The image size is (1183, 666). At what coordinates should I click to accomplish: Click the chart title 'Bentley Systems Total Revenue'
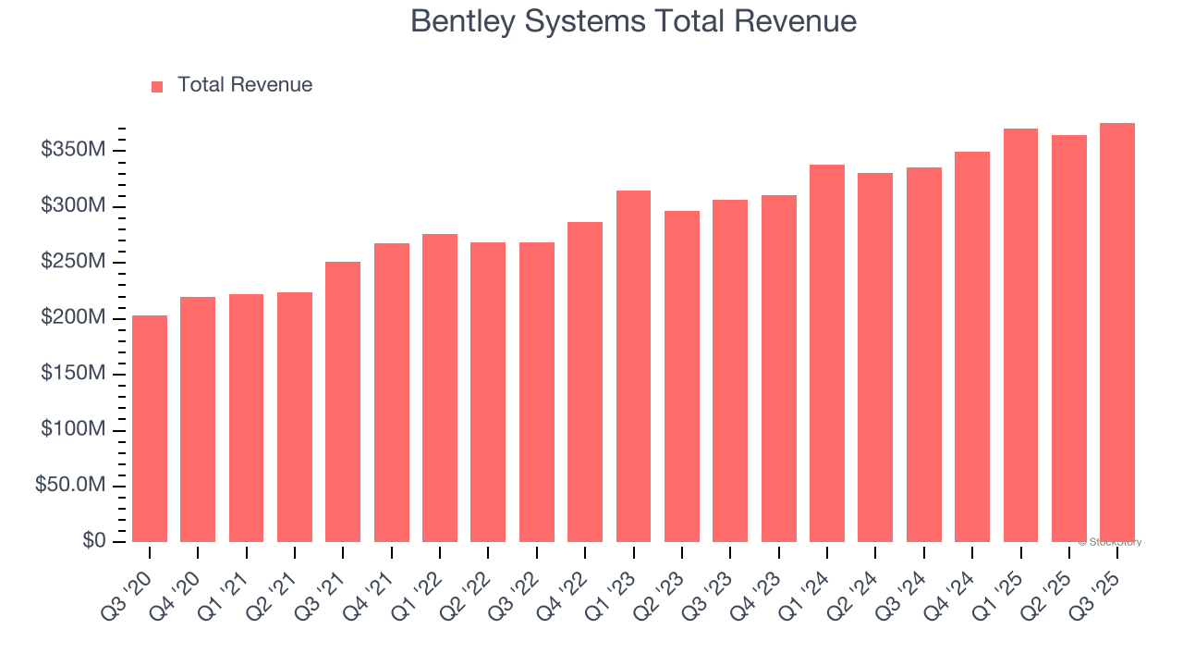(633, 21)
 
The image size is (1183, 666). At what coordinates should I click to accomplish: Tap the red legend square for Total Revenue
(157, 86)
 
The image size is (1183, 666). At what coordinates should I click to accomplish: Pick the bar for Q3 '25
(1117, 333)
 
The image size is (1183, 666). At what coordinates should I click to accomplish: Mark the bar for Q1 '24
(827, 353)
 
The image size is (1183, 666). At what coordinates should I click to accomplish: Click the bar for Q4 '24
(972, 347)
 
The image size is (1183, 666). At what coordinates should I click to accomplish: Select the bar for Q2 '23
(682, 376)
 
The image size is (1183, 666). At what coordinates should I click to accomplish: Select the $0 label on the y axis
(91, 541)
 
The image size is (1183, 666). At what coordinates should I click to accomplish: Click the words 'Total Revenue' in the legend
(245, 85)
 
